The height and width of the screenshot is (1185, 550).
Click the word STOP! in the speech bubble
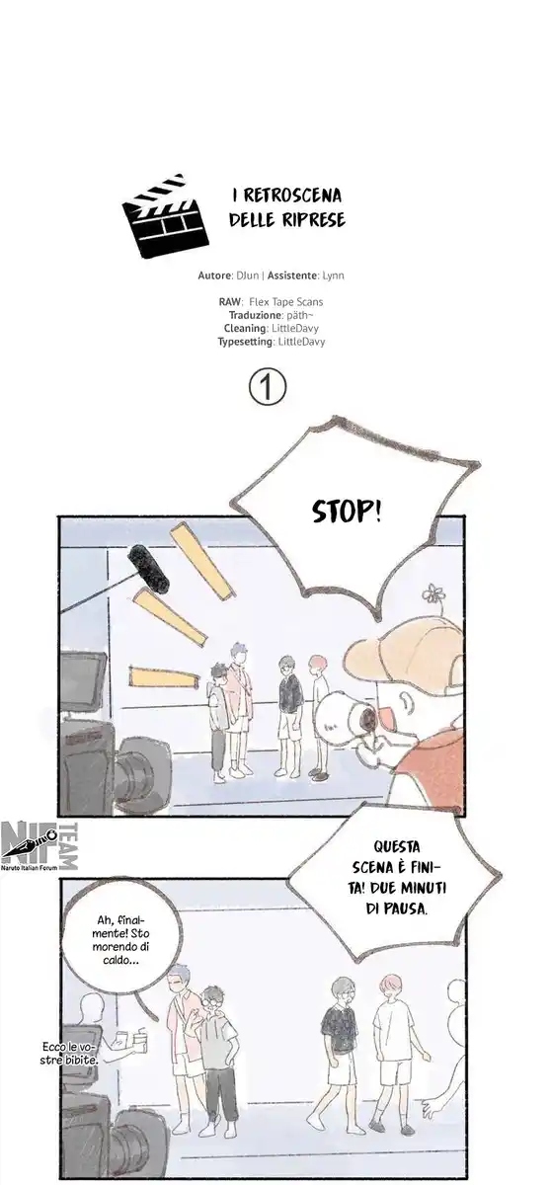click(347, 512)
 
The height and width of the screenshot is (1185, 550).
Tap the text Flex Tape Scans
click(287, 301)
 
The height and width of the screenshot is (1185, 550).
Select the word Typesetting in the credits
click(247, 342)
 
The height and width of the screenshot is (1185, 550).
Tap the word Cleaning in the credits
click(246, 328)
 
